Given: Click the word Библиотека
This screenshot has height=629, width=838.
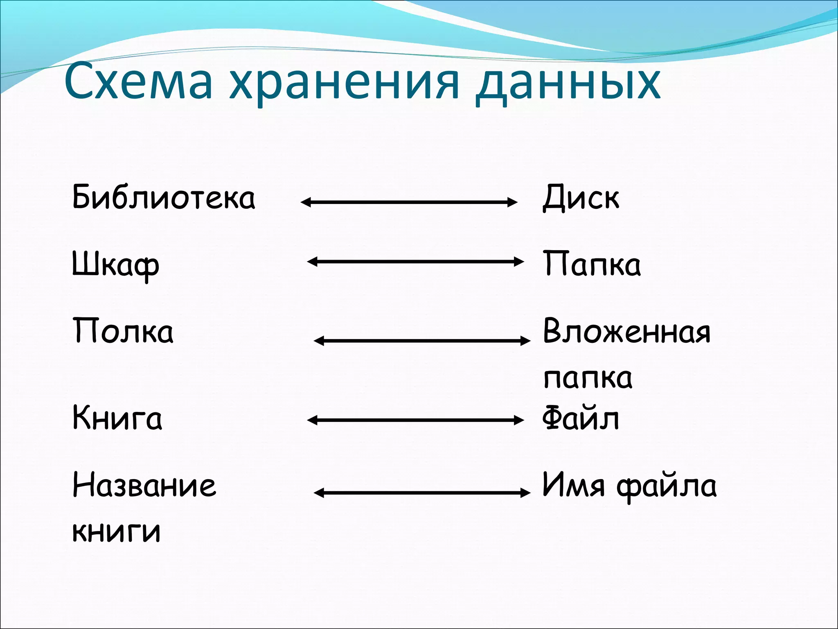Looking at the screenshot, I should [x=164, y=197].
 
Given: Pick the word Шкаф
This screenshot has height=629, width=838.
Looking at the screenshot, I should [x=116, y=265].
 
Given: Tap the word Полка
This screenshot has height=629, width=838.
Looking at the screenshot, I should [x=123, y=331].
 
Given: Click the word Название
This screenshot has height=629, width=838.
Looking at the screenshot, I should [x=144, y=485].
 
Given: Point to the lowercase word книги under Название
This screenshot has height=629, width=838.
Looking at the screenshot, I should [x=117, y=531].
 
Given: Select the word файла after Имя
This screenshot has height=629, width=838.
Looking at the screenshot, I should [x=667, y=486].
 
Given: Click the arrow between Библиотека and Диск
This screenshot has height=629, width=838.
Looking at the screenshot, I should [x=409, y=202].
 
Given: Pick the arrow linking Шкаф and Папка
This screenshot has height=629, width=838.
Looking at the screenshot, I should [x=415, y=262].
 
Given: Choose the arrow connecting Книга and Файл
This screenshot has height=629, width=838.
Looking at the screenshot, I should [x=415, y=420].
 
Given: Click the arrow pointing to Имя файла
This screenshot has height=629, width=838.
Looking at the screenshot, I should [x=422, y=493].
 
